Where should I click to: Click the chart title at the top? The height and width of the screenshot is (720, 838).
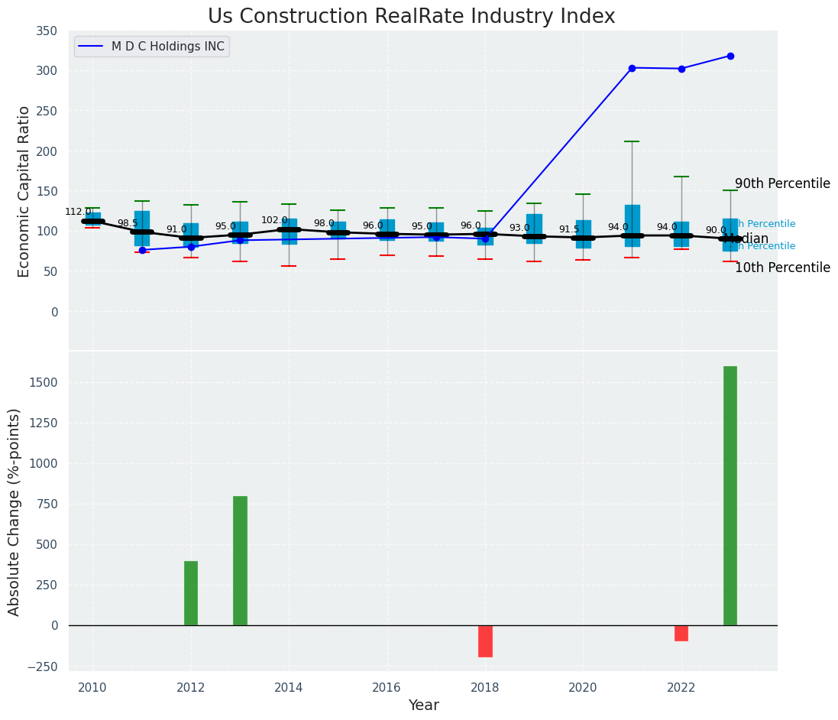point(411,17)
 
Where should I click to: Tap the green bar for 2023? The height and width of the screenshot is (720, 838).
point(730,495)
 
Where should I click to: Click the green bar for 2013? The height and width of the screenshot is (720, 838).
point(240,560)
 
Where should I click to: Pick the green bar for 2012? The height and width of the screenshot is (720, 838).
point(191,593)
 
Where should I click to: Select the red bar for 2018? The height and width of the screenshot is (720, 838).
point(485,641)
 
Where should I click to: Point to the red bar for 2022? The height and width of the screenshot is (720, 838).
point(681,633)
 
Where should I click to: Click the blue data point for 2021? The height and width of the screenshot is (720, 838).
point(632,68)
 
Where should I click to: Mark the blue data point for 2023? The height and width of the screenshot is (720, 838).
point(730,56)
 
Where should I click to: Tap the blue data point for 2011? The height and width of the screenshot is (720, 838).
point(142,250)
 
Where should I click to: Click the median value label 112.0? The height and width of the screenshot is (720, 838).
point(78,212)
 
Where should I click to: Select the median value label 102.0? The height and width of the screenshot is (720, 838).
point(274,220)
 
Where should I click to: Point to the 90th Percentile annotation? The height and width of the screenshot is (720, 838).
point(782,183)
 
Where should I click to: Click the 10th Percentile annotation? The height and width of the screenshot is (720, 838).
point(782,268)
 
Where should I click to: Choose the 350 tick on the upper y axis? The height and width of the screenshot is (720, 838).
point(47,31)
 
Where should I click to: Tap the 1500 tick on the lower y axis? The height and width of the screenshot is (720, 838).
point(43,382)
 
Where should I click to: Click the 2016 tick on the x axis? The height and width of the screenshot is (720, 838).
point(387,686)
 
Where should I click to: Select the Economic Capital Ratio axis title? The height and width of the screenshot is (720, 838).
point(24,191)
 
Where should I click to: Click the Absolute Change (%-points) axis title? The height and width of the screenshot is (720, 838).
point(15,511)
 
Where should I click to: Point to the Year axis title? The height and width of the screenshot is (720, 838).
point(423,705)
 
